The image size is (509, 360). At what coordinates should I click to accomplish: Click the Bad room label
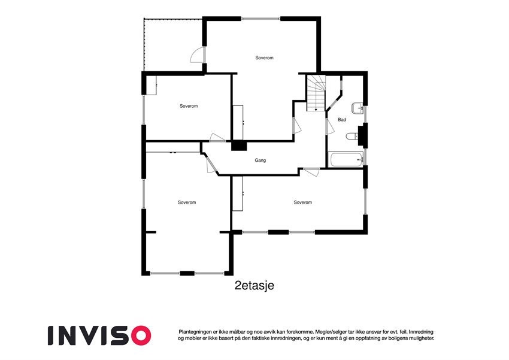(x=342, y=120)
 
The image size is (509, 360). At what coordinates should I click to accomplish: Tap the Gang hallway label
(x=260, y=161)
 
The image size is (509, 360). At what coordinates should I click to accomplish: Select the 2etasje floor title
(x=255, y=286)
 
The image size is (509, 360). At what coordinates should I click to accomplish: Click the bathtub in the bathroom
(x=346, y=159)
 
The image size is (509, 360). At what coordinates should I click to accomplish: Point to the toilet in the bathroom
(x=352, y=137)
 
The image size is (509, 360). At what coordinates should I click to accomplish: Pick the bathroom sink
(x=357, y=108)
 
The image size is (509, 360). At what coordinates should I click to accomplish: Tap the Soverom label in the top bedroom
(x=264, y=58)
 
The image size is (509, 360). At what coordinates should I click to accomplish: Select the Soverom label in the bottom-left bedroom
(x=187, y=202)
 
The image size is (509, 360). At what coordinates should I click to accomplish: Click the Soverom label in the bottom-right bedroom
(x=303, y=202)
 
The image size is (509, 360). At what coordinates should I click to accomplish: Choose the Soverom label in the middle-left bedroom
(x=189, y=106)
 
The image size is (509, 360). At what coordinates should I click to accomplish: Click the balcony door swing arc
(x=196, y=55)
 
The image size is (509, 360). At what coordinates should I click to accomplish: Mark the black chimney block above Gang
(x=238, y=145)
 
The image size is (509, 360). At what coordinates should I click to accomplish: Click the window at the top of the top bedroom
(x=262, y=19)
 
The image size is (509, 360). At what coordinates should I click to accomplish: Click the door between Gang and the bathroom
(x=329, y=126)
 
